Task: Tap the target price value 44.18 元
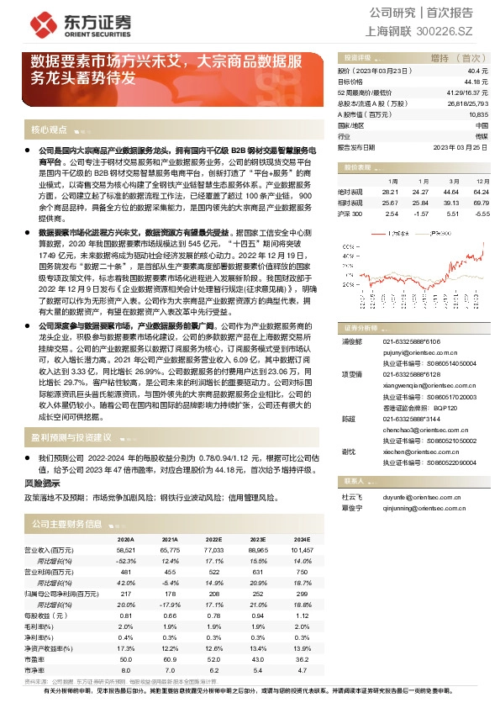click(476, 82)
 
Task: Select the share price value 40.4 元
click(478, 71)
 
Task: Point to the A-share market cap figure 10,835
click(478, 114)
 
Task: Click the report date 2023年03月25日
click(460, 146)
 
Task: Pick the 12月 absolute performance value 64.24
click(481, 192)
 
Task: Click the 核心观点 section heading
click(48, 129)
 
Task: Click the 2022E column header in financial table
click(213, 538)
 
